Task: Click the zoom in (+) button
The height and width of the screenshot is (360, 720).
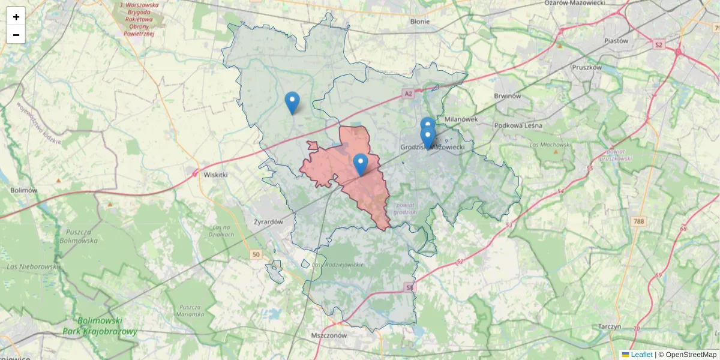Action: [16, 17]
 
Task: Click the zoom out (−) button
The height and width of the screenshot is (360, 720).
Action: [16, 35]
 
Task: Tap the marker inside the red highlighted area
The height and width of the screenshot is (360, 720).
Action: [360, 164]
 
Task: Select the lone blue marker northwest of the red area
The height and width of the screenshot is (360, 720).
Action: [292, 102]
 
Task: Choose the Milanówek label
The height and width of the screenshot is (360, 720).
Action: [461, 119]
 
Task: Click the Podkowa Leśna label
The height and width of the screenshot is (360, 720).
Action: [518, 125]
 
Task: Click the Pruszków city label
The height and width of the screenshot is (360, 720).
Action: [587, 68]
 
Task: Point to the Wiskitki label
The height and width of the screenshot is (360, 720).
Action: [216, 175]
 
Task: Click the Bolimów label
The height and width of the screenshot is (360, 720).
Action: [24, 190]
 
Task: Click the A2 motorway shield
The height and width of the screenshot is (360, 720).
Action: [409, 94]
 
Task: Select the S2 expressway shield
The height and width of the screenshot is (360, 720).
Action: [659, 44]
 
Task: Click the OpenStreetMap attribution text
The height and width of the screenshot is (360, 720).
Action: [691, 355]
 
